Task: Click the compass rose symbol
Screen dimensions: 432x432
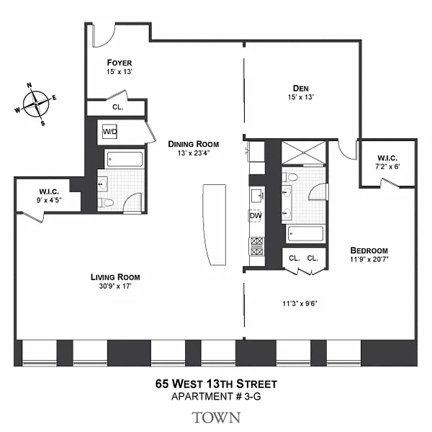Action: pos(36,104)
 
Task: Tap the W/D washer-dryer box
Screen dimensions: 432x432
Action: pos(109,132)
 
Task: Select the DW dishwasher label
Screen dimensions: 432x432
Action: pos(256,216)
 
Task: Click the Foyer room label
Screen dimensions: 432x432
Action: pos(120,63)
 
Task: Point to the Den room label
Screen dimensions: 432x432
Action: pos(300,89)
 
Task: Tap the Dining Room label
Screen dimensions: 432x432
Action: pos(194,144)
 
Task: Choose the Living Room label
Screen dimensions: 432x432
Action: pos(115,277)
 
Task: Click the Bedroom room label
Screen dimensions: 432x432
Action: pos(369,251)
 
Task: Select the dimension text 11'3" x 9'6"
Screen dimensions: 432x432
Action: pos(300,304)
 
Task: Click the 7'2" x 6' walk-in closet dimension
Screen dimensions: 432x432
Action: pos(387,166)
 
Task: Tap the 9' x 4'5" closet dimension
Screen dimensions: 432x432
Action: pos(49,200)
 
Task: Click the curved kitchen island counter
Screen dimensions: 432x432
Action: pos(215,225)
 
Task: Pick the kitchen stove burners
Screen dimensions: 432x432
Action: pos(256,246)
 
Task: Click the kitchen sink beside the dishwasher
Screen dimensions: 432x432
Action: pos(257,195)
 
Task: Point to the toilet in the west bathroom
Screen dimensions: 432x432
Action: pos(106,203)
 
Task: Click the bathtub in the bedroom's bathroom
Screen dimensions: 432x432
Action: pos(305,234)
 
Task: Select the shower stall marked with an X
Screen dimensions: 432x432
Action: pos(303,153)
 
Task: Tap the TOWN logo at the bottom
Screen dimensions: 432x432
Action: pos(216,418)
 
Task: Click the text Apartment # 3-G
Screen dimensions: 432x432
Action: pos(216,397)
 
